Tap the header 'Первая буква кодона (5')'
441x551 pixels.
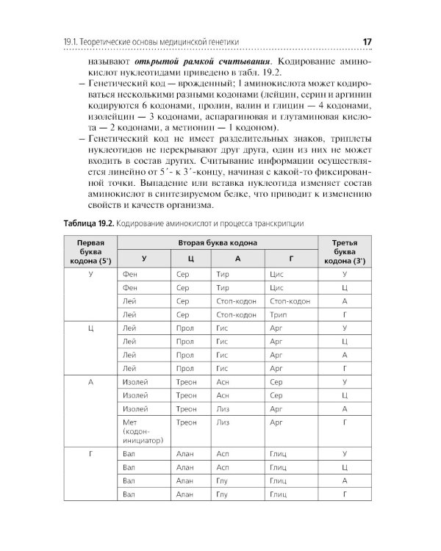pyautogui.click(x=88, y=251)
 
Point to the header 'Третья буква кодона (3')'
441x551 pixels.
pyautogui.click(x=344, y=251)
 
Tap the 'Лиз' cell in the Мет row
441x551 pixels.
pyautogui.click(x=223, y=422)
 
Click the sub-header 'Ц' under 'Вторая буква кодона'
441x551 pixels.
pyautogui.click(x=190, y=259)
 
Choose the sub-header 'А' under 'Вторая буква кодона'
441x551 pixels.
pyautogui.click(x=237, y=259)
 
